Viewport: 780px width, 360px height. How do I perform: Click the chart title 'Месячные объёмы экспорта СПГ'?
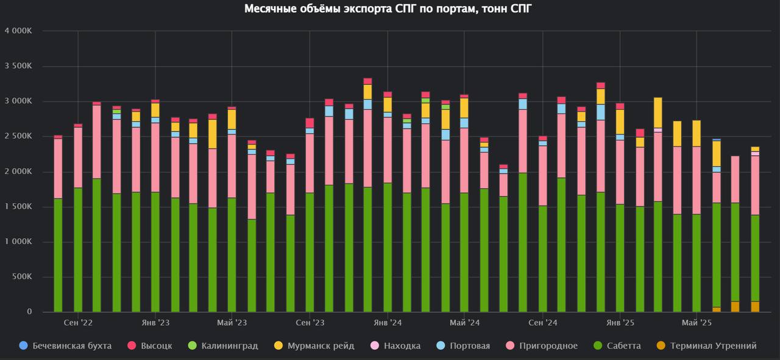pos(389,9)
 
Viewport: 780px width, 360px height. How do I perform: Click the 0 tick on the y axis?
pos(29,312)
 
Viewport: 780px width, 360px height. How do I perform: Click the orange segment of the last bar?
pos(755,306)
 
